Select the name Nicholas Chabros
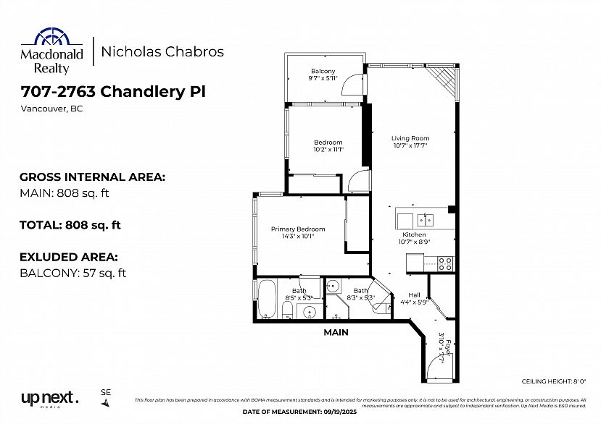[162, 51]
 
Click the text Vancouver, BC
[45, 109]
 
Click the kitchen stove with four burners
[445, 263]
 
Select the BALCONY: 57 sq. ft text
[72, 273]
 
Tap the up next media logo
[49, 399]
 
